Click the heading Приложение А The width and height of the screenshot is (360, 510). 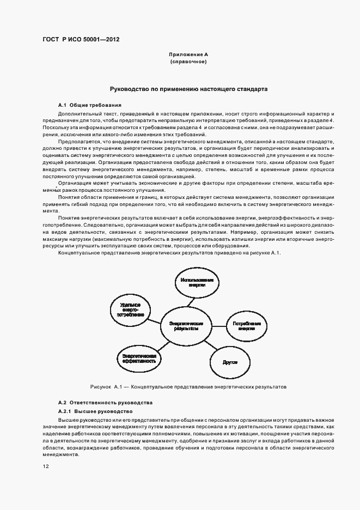(188, 55)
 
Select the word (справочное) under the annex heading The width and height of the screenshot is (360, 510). (188, 62)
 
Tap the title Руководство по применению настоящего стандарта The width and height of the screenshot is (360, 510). (188, 88)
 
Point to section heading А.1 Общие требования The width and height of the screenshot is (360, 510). (89, 105)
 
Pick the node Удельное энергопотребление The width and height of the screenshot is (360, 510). (130, 309)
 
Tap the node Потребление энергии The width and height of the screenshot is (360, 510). (246, 326)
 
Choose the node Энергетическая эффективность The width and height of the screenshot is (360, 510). (139, 357)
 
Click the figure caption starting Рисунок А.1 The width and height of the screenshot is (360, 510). (188, 387)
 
